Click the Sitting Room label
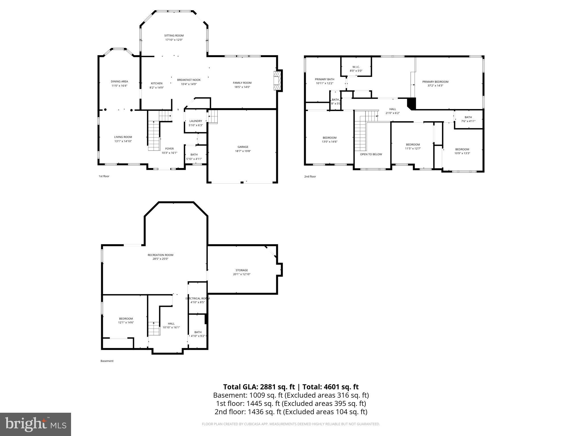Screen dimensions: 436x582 (174, 36)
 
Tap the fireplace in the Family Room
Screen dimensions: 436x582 (277, 81)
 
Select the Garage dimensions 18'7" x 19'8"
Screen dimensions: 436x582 (243, 151)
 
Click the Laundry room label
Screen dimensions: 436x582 (196, 121)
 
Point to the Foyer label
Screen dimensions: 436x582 (169, 149)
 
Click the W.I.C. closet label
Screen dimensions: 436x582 (356, 67)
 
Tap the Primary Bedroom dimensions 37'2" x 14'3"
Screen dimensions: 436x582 (435, 85)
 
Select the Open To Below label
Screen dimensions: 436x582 (371, 154)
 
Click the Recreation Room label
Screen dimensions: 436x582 (160, 255)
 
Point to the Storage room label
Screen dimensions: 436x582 (242, 270)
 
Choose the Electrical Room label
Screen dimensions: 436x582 (198, 298)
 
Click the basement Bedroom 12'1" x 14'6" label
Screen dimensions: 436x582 (126, 319)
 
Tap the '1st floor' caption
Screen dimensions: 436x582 (104, 176)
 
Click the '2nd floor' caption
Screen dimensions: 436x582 (310, 177)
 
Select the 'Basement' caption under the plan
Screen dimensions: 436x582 (107, 361)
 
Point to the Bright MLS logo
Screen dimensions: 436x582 (35, 424)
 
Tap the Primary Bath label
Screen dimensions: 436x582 (325, 79)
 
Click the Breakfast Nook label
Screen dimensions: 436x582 (189, 80)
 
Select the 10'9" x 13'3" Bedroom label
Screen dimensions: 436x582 (462, 149)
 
